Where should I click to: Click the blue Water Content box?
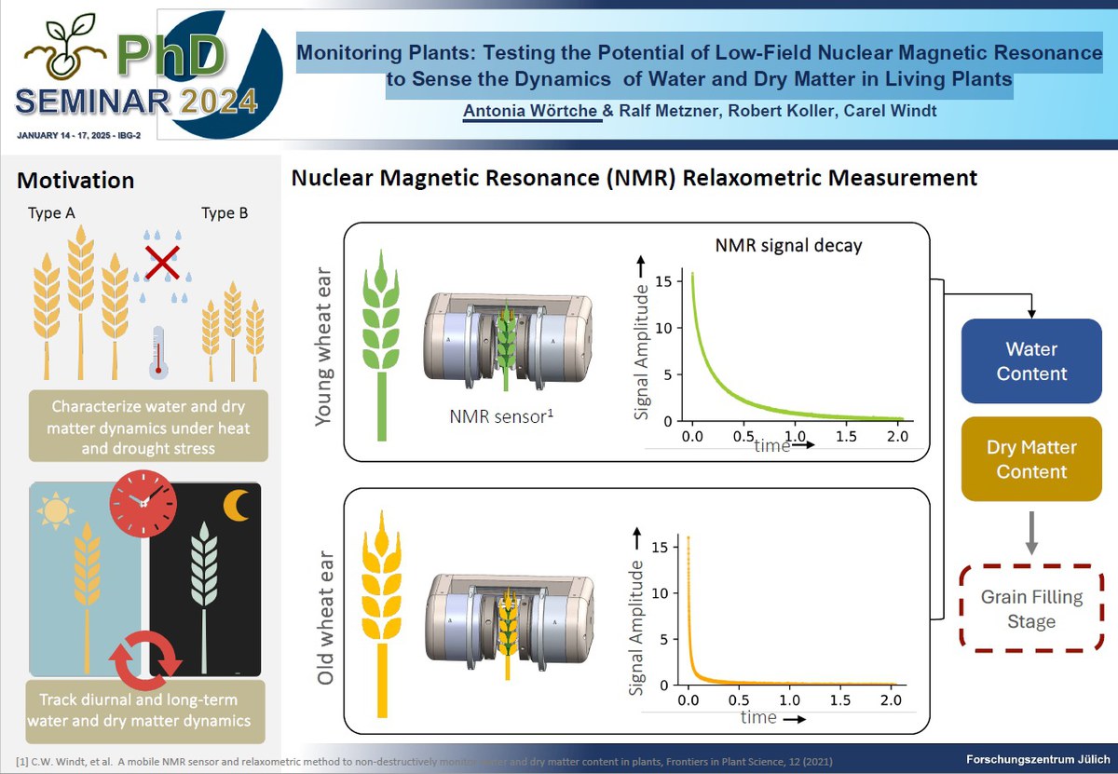1031,360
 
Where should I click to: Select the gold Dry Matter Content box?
1031,458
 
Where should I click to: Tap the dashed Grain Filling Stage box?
1031,608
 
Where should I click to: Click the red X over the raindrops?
162,262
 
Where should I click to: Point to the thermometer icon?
158,352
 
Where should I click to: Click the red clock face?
143,503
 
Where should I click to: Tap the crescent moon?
236,506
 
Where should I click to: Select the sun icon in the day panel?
55,510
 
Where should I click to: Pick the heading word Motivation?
75,180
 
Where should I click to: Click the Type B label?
225,213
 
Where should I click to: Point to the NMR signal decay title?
788,246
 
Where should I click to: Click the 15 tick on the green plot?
663,281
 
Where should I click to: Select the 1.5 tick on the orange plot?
840,700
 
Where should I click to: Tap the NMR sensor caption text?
501,416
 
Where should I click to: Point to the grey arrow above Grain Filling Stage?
1031,533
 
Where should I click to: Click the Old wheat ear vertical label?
325,618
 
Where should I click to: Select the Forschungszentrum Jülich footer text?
1038,759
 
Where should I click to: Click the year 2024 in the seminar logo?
219,102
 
